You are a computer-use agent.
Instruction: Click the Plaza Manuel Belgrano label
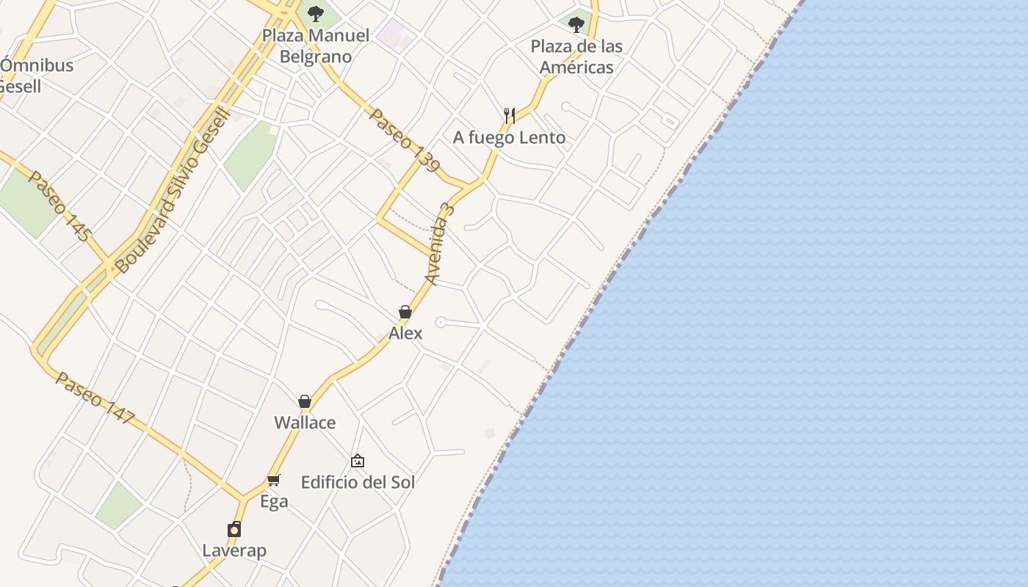coord(316,45)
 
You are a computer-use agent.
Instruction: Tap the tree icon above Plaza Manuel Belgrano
coord(316,14)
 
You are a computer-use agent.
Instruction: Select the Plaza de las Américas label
coord(576,56)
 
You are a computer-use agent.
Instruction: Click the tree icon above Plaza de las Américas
coord(576,25)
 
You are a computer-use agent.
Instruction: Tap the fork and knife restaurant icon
coord(510,115)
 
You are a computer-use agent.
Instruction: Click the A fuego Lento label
coord(509,137)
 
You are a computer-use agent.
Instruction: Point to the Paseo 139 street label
coord(405,140)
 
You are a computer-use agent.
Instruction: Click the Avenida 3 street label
coord(440,244)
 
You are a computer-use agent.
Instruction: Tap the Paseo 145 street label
coord(59,206)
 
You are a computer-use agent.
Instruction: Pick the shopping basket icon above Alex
coord(405,313)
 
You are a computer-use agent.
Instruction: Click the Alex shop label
coord(405,333)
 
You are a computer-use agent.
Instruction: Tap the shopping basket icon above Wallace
coord(305,401)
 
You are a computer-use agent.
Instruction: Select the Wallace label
coord(305,423)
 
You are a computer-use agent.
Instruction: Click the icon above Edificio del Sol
coord(358,461)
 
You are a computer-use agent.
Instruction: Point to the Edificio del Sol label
coord(358,482)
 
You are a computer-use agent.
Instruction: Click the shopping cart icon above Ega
coord(274,480)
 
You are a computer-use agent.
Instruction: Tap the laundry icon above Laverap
coord(234,529)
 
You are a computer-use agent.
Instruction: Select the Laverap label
coord(234,550)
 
